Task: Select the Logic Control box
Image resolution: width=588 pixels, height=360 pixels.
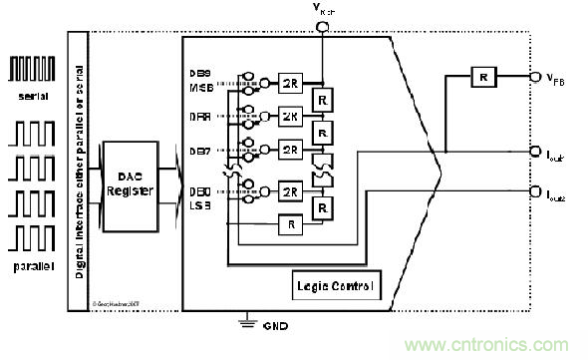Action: click(335, 287)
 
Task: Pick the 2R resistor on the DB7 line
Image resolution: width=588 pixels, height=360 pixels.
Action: click(290, 150)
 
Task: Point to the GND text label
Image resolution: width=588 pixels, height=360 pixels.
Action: click(270, 326)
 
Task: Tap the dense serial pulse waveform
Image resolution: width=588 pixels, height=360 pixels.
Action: click(31, 68)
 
